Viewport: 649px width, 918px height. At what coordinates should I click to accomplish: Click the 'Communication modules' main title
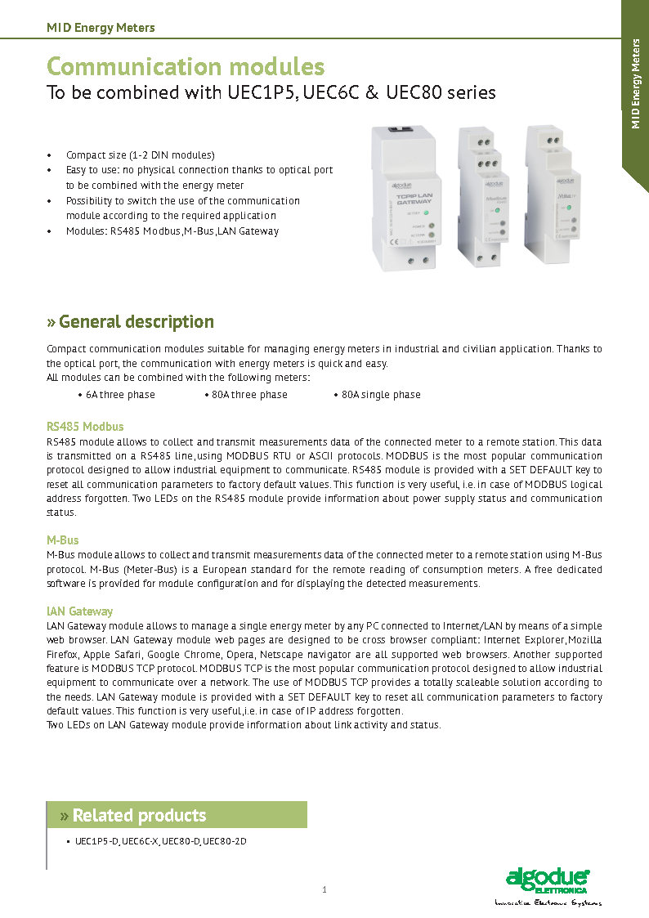pyautogui.click(x=186, y=66)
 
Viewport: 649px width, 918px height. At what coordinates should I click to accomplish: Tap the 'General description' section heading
pyautogui.click(x=137, y=321)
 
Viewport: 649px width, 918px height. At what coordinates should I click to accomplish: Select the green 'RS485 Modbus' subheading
pyautogui.click(x=85, y=427)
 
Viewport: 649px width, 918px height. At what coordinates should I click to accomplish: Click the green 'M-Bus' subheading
pyautogui.click(x=62, y=540)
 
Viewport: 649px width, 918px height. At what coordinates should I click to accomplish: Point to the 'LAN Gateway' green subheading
pyautogui.click(x=79, y=611)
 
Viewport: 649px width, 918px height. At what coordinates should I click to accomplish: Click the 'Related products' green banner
pyautogui.click(x=177, y=815)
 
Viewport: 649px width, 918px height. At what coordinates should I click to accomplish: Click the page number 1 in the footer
pyautogui.click(x=324, y=889)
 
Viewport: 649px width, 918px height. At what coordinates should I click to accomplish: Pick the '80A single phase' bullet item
pyautogui.click(x=380, y=395)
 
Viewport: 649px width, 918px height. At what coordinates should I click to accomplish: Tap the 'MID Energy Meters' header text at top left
pyautogui.click(x=101, y=28)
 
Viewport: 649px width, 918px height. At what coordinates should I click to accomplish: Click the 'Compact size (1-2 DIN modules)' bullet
pyautogui.click(x=140, y=155)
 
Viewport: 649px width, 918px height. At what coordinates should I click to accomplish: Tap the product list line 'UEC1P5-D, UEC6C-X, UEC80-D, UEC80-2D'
pyautogui.click(x=160, y=840)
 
